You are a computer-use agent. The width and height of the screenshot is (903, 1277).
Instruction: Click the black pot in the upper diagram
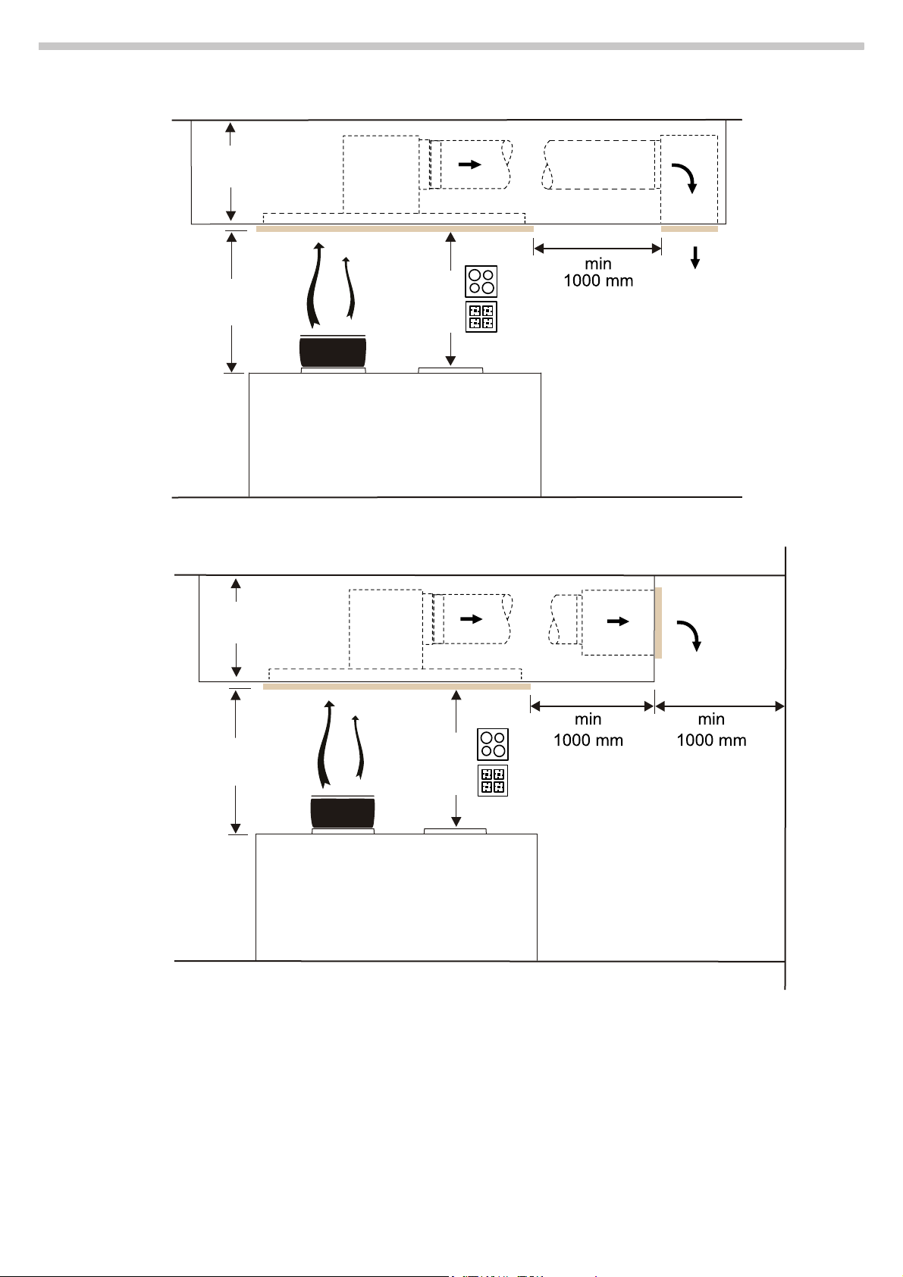pos(333,351)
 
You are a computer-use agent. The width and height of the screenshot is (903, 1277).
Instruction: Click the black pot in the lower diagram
pos(342,812)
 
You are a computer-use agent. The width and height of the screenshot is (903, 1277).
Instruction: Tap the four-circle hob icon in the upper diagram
pos(481,282)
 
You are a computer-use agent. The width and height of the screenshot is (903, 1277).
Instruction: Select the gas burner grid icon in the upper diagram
pos(481,317)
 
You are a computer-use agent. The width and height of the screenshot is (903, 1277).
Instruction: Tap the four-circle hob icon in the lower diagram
pos(492,744)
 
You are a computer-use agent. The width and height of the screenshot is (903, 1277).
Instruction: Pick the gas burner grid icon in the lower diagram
pos(492,781)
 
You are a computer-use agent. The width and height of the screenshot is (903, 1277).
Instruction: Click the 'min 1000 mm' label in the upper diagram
pos(598,273)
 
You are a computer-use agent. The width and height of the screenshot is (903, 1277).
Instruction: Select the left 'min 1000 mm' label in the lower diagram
pos(588,730)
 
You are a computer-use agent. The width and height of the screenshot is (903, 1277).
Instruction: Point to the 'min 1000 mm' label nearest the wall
pos(711,730)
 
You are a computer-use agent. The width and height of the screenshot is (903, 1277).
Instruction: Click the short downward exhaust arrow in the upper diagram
pos(694,258)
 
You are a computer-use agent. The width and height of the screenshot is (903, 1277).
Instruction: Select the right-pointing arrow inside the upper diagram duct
pos(470,164)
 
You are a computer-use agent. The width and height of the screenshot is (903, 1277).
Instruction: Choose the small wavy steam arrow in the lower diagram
pos(358,746)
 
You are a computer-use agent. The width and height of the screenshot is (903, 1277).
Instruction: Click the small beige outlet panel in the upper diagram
pos(689,229)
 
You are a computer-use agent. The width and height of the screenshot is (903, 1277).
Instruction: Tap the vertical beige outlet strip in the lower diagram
pos(658,622)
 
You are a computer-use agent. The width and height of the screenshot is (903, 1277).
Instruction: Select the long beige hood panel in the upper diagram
pos(395,229)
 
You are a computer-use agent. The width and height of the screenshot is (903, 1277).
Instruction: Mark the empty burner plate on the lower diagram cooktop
pos(455,831)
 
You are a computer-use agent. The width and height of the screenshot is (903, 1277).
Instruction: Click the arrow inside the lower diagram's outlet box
pos(618,621)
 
